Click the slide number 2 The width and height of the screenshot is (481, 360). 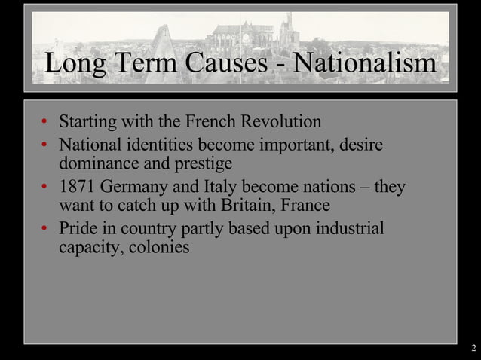coord(473,348)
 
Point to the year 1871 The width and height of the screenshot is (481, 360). coord(78,186)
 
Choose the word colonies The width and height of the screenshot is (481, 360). coord(159,247)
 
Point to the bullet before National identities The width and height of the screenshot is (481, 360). coord(45,144)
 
